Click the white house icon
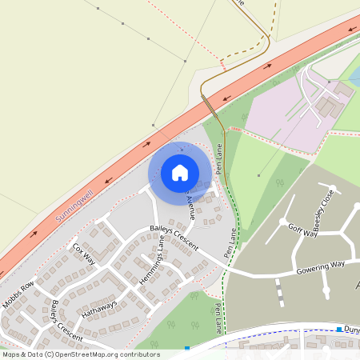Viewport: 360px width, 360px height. point(180,172)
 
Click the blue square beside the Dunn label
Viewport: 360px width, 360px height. point(339,329)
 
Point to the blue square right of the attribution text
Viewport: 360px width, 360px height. point(187,348)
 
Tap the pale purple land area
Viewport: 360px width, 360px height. point(276,116)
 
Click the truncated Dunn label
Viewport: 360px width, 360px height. point(352,329)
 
